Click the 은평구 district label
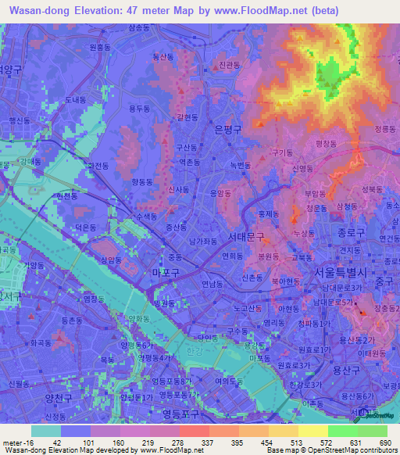coord(227,131)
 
